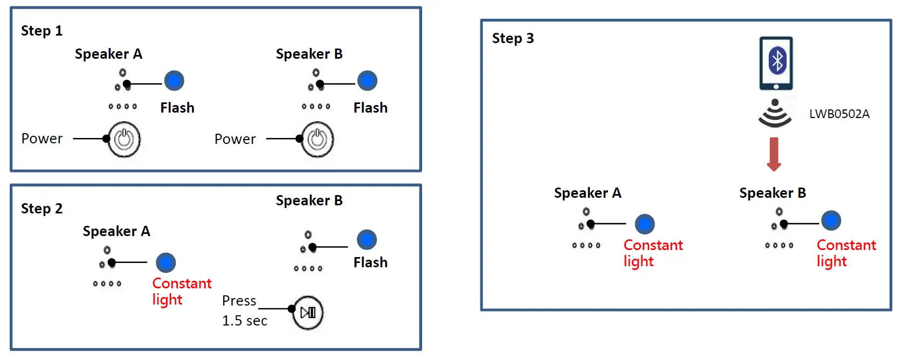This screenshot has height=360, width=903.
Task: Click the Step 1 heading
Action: [42, 31]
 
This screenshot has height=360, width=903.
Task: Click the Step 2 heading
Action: [42, 209]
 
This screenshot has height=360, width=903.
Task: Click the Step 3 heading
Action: [513, 38]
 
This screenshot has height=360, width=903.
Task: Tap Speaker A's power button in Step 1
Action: [124, 139]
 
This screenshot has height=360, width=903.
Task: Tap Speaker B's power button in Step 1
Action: [317, 139]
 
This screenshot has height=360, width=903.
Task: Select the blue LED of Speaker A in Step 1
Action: [174, 81]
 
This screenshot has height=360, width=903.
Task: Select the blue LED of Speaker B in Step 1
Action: [367, 81]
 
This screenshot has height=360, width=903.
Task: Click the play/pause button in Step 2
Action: [308, 313]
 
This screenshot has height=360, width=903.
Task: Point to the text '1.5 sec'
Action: [245, 321]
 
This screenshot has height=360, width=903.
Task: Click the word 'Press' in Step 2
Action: [239, 301]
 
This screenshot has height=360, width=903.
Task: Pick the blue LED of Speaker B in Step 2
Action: [367, 240]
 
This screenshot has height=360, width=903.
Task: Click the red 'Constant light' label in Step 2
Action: [181, 291]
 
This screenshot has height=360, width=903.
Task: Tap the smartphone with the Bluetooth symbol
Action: [776, 63]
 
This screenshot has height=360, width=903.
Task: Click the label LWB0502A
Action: [839, 114]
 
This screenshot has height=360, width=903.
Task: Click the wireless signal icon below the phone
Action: [775, 114]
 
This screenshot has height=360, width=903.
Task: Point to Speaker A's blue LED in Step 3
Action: [645, 224]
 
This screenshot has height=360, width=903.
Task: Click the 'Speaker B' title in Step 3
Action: [773, 193]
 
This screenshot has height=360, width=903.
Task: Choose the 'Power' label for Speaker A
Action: [42, 139]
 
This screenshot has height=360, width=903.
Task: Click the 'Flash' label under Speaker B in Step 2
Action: [370, 262]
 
